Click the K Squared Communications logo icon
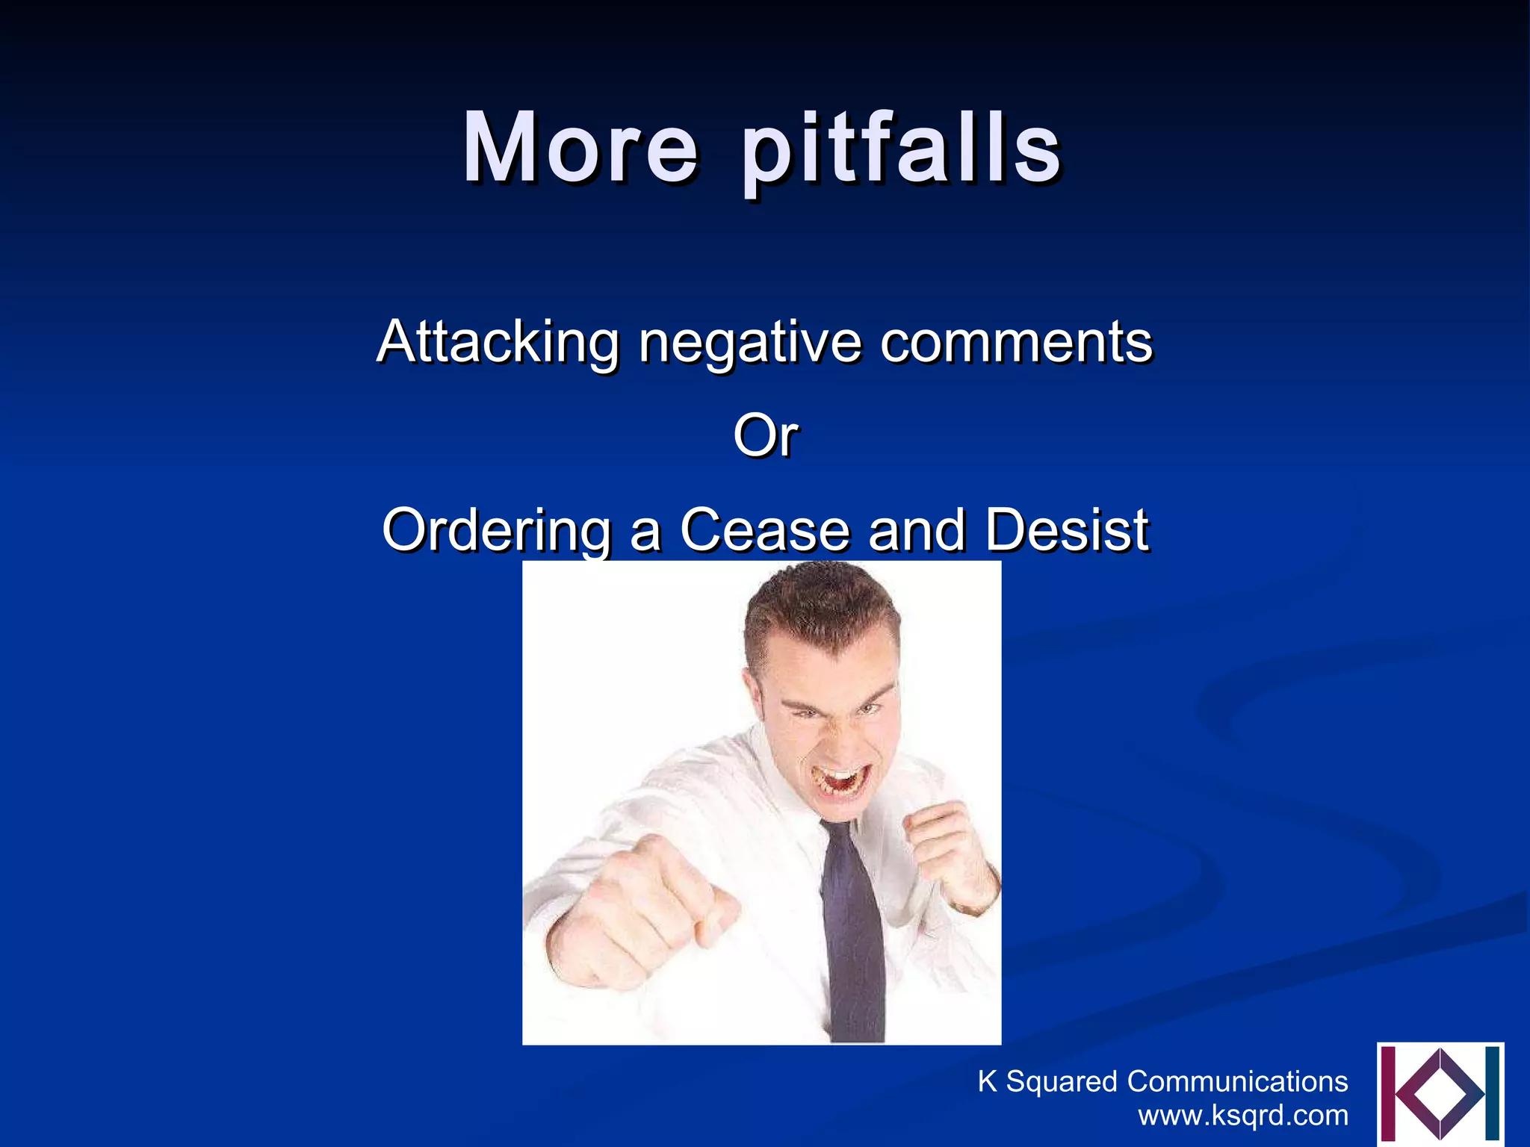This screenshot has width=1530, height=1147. coord(1440,1094)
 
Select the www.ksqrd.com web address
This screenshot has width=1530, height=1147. coord(1242,1116)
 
